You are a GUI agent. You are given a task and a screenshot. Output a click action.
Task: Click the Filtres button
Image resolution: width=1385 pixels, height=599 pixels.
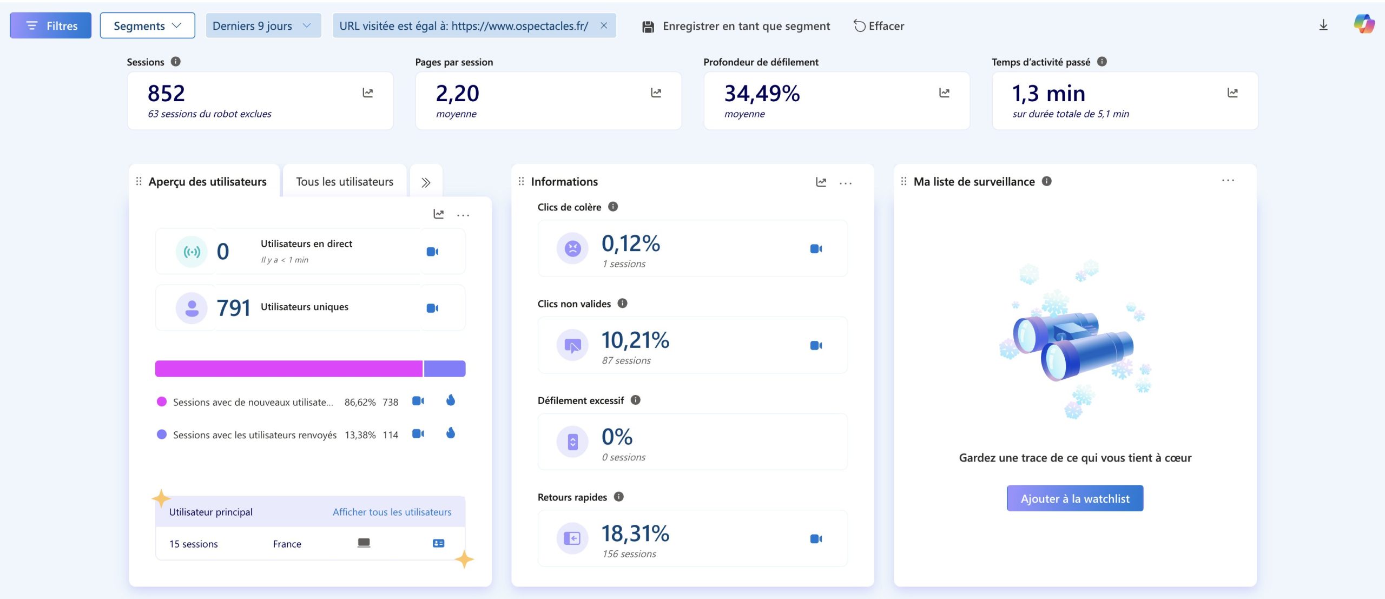[50, 25]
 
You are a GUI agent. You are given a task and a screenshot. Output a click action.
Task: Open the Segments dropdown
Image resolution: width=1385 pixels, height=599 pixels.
[147, 25]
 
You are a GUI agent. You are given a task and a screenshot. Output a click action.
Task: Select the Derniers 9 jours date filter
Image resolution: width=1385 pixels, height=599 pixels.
[263, 25]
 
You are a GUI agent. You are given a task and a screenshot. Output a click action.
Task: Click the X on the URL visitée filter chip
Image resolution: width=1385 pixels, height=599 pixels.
[604, 25]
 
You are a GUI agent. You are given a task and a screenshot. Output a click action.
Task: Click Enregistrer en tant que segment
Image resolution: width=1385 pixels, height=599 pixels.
[736, 26]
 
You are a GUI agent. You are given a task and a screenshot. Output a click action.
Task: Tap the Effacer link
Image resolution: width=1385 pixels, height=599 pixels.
[879, 26]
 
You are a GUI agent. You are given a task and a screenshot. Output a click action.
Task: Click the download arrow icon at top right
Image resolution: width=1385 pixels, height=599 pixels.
[1323, 25]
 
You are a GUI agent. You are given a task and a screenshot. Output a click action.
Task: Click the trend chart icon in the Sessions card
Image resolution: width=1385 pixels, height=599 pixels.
[368, 93]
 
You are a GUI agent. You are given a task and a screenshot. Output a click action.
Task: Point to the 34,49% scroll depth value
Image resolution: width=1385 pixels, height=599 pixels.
[762, 94]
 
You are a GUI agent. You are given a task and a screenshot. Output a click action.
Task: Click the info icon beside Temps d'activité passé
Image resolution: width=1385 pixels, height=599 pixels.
[1102, 62]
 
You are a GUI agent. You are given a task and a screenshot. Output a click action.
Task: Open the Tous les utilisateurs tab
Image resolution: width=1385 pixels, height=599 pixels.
[345, 182]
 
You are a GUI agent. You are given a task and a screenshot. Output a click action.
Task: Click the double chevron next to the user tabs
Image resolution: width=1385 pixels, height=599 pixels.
[426, 182]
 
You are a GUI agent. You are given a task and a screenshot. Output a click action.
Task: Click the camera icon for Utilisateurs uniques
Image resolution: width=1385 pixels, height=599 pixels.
[432, 308]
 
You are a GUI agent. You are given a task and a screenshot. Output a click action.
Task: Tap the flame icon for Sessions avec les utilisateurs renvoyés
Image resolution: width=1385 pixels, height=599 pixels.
[451, 433]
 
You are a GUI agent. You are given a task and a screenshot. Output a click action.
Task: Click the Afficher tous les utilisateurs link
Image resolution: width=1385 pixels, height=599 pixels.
[392, 512]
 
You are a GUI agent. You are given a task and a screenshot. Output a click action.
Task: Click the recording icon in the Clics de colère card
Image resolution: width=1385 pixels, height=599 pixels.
[816, 249]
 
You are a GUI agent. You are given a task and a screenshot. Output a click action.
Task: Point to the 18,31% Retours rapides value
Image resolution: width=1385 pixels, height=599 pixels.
[635, 534]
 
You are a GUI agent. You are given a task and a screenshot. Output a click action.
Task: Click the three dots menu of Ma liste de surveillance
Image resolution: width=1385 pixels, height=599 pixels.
[1228, 181]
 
